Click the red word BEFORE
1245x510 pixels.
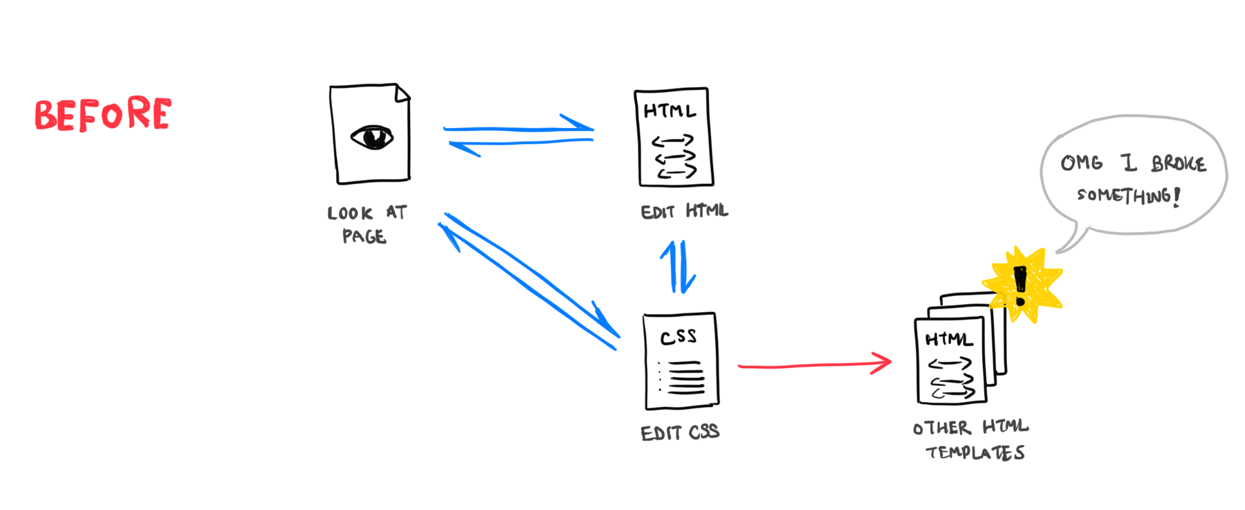[102, 114]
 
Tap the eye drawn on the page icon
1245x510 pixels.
[371, 137]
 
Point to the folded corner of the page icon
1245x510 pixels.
[403, 92]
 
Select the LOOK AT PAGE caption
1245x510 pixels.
[367, 224]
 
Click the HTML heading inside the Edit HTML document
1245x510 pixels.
[669, 111]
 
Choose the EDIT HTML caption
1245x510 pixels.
[684, 211]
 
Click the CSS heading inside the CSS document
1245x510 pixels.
[678, 337]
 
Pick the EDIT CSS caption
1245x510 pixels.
[680, 433]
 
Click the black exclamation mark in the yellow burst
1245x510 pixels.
[1020, 286]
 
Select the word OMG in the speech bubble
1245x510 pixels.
[1081, 163]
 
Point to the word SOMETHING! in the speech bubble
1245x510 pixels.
[1128, 196]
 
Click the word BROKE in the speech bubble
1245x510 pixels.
[1179, 164]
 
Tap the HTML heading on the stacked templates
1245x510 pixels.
[949, 339]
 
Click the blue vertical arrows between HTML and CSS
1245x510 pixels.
[678, 267]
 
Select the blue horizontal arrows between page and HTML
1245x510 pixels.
[519, 135]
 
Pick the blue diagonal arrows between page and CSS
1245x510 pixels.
[529, 280]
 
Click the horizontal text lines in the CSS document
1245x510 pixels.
[685, 378]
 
